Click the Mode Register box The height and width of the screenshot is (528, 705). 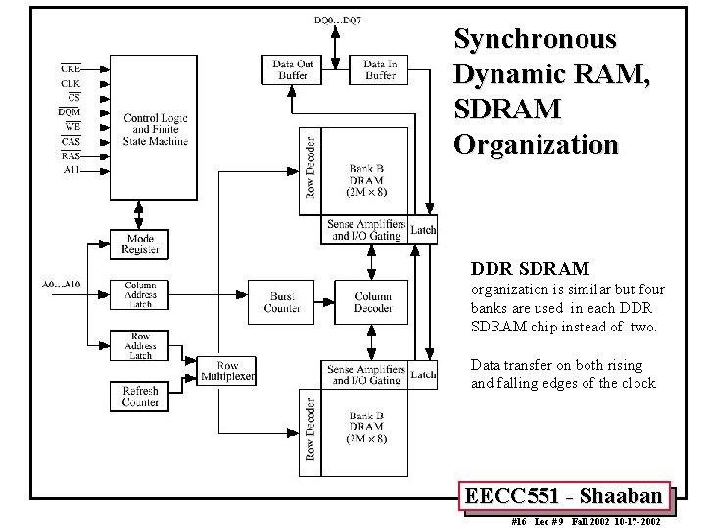[x=139, y=245]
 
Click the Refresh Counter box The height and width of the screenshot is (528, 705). [x=139, y=396]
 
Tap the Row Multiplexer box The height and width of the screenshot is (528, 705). [x=226, y=372]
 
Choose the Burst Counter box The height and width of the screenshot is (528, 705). [x=280, y=302]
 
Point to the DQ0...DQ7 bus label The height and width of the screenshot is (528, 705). [x=336, y=21]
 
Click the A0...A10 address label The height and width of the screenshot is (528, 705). [x=60, y=285]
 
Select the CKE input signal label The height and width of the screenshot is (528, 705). [x=70, y=68]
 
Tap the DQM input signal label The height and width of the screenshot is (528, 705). [x=70, y=112]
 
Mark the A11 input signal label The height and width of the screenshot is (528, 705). [x=70, y=169]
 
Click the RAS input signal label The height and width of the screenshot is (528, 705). [x=70, y=155]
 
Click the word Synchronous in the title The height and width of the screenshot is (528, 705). [x=535, y=39]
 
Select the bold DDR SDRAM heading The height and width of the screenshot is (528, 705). [x=530, y=268]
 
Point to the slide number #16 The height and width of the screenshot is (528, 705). [x=520, y=521]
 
